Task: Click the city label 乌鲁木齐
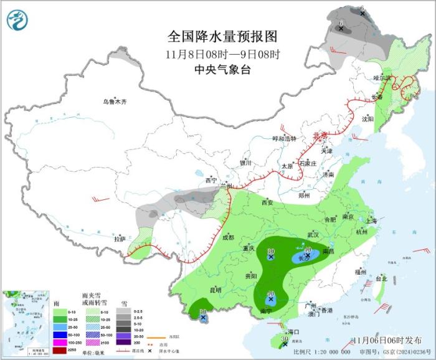pos(115,102)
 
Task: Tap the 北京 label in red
pos(320,135)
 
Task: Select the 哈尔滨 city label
pos(381,78)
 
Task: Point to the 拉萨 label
pos(120,239)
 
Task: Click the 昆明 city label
pos(216,290)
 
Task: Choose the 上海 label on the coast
pos(372,220)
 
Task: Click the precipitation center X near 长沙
pos(308,255)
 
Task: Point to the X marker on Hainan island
pos(284,343)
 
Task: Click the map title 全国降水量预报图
pos(222,36)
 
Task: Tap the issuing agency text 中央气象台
pos(222,70)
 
